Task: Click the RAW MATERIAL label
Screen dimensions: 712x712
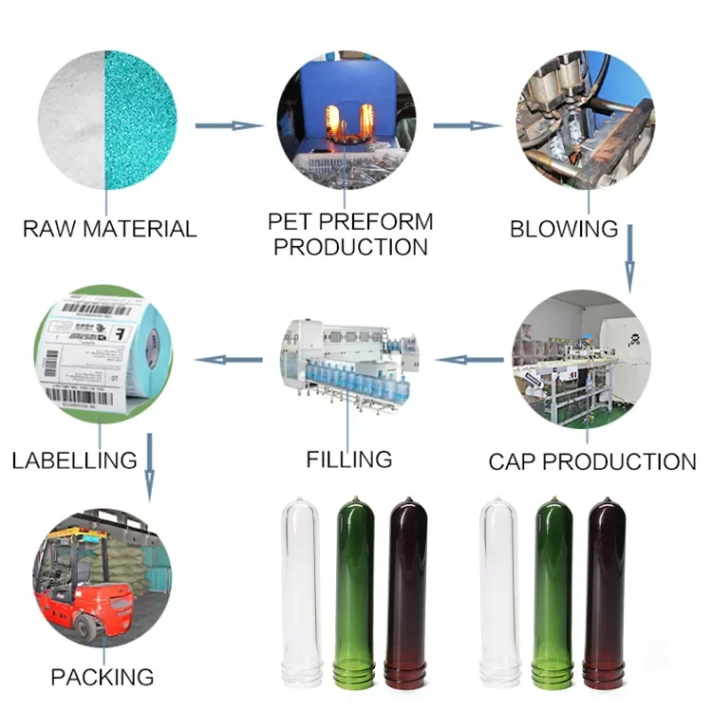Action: tap(109, 229)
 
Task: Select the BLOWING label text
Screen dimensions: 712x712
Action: tap(564, 229)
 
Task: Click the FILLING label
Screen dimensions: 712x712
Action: tap(349, 459)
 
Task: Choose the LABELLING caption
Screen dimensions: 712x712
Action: tap(74, 460)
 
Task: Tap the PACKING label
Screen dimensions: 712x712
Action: tap(103, 677)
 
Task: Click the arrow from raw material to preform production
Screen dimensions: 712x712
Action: tap(230, 125)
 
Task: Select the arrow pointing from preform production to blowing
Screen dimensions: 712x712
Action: tap(468, 125)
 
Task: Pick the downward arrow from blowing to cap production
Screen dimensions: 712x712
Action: tap(629, 259)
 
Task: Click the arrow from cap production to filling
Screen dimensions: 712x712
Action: tap(469, 360)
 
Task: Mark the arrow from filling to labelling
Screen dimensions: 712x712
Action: tap(229, 360)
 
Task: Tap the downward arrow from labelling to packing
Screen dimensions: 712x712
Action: tap(149, 468)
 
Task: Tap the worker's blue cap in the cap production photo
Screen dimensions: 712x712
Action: tap(589, 337)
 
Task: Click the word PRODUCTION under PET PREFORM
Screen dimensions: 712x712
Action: tap(350, 247)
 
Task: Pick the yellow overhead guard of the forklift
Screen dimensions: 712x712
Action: tap(78, 534)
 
